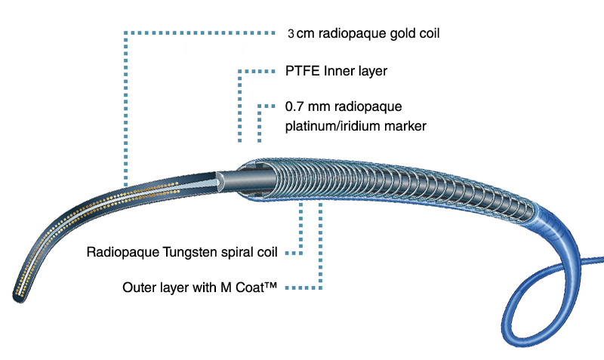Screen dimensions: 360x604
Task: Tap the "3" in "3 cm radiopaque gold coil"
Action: (x=291, y=34)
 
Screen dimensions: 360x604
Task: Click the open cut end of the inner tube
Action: (x=220, y=180)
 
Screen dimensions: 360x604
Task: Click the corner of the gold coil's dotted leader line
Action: (x=125, y=34)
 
